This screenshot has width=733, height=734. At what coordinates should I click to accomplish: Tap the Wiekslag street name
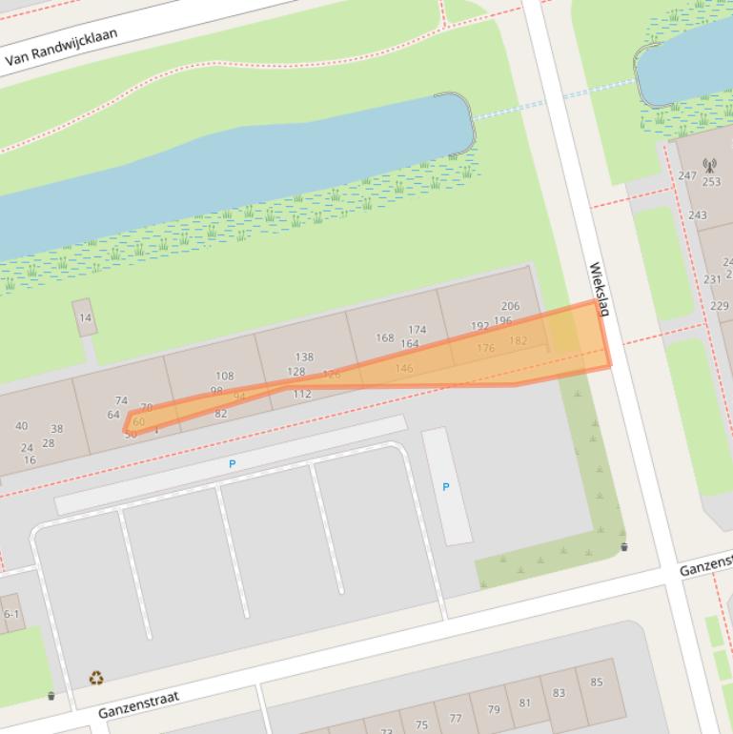coord(599,290)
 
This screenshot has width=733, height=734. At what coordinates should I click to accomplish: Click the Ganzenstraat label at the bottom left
coord(138,705)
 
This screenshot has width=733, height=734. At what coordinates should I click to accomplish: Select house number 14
coord(86,318)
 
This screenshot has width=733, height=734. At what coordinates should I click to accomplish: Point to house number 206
coord(510,306)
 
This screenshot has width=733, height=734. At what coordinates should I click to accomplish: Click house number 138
coord(304,357)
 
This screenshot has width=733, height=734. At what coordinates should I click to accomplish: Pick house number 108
coord(224,377)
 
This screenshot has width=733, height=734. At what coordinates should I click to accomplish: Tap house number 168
coord(384,337)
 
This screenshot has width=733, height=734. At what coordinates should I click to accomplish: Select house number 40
coord(21,426)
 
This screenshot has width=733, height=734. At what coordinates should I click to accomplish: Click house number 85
coord(597,682)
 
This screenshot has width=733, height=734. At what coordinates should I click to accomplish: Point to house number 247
coord(687,175)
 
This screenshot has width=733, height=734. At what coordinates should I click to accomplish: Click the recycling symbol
coord(96,679)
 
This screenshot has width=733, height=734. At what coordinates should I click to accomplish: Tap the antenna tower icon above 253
coord(708,166)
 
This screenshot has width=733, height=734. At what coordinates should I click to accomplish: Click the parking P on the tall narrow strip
coord(445,487)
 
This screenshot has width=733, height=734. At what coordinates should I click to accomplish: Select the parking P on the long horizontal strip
coord(232,463)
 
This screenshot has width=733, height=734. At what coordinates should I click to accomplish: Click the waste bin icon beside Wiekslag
coord(624,547)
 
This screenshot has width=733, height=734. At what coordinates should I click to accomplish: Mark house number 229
coord(719,306)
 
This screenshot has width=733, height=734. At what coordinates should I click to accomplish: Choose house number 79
coord(493,710)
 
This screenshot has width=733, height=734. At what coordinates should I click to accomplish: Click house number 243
coord(698,215)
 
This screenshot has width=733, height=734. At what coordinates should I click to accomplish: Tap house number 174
coord(417,330)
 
